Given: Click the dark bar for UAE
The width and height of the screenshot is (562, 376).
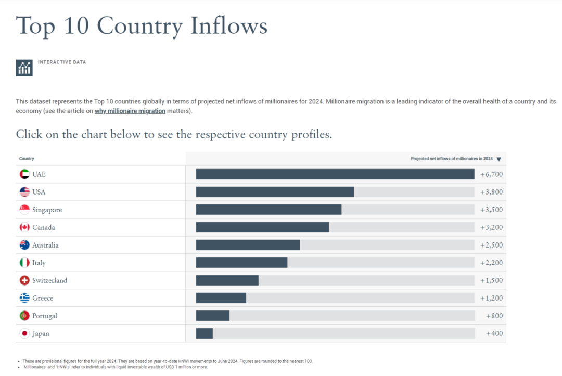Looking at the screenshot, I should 335,174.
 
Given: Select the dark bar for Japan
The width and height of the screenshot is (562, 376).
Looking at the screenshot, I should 205,333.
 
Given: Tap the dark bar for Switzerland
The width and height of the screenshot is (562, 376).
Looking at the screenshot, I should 227,280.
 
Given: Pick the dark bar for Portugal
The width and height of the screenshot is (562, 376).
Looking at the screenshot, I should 213,316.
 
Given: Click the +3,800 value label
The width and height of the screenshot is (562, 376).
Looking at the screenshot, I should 491,192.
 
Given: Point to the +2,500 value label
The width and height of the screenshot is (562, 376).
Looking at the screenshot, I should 491,245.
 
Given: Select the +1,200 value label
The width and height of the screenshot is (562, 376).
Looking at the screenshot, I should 491,298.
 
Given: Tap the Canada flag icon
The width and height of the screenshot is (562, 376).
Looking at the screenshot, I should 24,227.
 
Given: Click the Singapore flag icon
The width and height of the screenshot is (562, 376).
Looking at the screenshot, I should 24,210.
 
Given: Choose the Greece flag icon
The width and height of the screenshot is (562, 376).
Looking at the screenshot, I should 24,298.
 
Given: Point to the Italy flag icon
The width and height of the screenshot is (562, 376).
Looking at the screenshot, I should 24,263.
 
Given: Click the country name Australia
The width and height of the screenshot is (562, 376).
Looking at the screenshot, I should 45,245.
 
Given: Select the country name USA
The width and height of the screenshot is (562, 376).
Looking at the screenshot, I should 39,192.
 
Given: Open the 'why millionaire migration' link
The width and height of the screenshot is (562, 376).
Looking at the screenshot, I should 130,111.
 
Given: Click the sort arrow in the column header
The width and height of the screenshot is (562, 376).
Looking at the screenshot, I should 499,159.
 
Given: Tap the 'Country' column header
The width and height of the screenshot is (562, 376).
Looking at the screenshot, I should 27,159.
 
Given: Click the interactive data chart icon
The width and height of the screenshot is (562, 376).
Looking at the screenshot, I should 24,68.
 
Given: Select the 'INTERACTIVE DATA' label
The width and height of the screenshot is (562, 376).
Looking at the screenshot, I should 62,62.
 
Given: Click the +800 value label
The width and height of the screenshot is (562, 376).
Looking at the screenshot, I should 494,316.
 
